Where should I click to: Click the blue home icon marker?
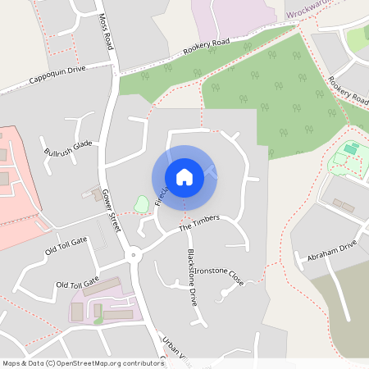pos(184,177)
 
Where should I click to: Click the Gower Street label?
pos(112,212)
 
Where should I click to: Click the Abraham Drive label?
pos(332,252)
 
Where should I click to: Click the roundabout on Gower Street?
pos(135,255)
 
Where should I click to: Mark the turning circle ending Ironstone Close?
pos(224,293)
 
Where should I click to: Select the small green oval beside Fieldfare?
pos(142,203)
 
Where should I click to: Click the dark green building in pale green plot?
pos(352,148)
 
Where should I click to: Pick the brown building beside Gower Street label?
pos(89,194)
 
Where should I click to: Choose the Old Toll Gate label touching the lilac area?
pos(77,283)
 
